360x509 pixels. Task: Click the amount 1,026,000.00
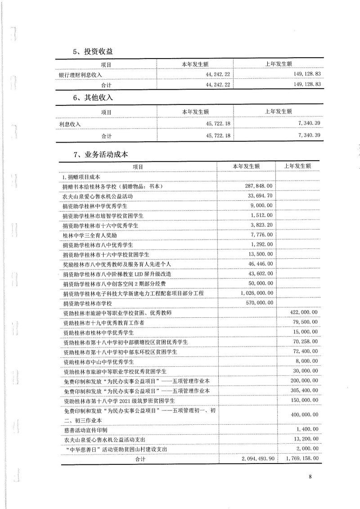click(x=255, y=293)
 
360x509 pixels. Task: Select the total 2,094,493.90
click(x=254, y=459)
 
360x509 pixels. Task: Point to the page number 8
click(x=310, y=477)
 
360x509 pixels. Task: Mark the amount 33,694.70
click(x=259, y=196)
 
